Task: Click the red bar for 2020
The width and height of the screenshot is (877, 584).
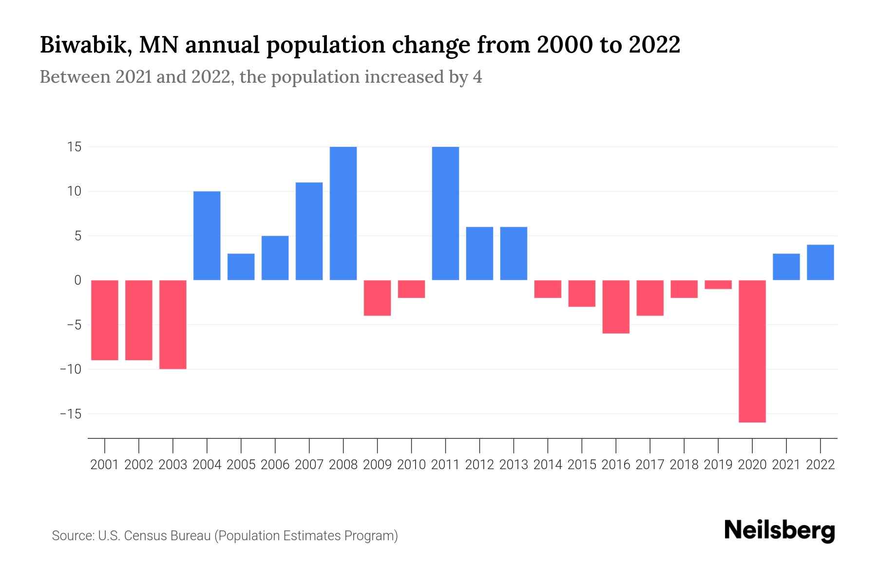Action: click(752, 351)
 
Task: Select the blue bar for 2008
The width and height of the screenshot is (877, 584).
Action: click(343, 213)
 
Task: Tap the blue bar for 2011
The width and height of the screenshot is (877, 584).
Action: click(445, 213)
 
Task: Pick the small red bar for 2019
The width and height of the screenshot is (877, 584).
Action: click(718, 285)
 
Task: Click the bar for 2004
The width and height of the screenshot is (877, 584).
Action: click(207, 236)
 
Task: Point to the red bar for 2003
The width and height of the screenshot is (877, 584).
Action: click(173, 324)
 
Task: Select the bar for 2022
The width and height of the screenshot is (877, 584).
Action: click(820, 262)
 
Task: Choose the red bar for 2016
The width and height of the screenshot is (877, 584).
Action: click(616, 307)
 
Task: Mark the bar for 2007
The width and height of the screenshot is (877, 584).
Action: click(309, 231)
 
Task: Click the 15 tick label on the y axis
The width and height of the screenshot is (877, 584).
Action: click(74, 147)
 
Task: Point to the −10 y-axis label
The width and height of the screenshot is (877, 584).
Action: click(70, 369)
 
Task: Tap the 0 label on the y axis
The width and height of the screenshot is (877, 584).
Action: click(77, 280)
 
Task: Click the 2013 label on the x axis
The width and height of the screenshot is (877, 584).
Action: click(514, 465)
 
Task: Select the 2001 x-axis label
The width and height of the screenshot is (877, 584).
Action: click(105, 465)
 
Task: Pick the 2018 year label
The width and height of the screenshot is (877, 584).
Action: click(684, 465)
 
